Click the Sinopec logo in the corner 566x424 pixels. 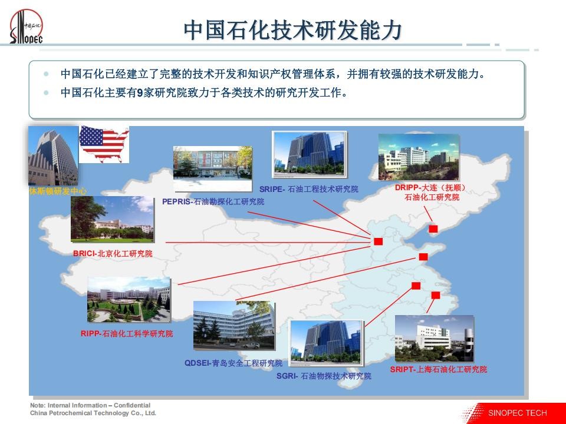pos(26,27)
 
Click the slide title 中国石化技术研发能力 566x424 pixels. pos(293,30)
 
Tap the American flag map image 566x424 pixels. pos(104,144)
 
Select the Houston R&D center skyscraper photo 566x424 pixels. pos(53,155)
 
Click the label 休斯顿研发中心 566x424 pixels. pos(58,191)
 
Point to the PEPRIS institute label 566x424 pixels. pos(213,201)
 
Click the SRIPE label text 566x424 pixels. pos(308,189)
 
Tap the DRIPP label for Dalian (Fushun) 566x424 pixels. pos(430,192)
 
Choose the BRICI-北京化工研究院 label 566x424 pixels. pos(113,253)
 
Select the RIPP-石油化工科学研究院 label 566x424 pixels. pos(127,333)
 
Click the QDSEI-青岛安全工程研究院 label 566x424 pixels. pos(233,363)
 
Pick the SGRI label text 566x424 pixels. pos(324,376)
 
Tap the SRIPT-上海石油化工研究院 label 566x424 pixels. pos(439,369)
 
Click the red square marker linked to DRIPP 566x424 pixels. pos(433,228)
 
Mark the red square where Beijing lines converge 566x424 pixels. pos(379,241)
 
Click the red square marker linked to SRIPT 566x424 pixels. pos(436,295)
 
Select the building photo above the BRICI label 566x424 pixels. pos(112,219)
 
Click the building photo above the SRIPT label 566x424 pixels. pos(435,339)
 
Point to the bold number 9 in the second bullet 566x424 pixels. pos(140,93)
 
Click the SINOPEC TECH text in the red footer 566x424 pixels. pos(517,413)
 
